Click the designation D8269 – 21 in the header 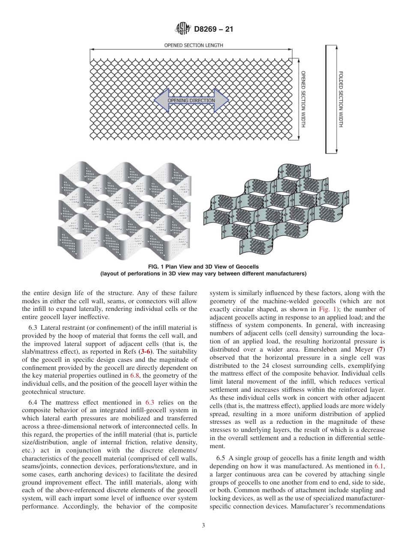[x=213, y=30]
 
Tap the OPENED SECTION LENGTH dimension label [x=194, y=45]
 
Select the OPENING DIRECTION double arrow [x=191, y=101]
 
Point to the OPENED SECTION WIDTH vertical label [x=303, y=99]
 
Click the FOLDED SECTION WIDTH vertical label [x=341, y=99]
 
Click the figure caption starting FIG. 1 [x=203, y=267]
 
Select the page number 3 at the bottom [x=203, y=526]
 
